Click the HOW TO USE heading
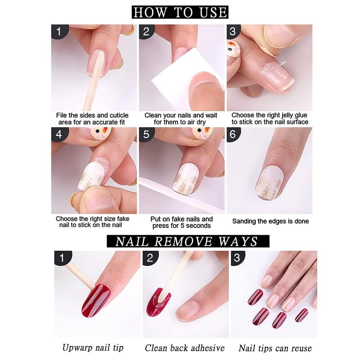pyautogui.click(x=180, y=12)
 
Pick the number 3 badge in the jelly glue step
pyautogui.click(x=233, y=31)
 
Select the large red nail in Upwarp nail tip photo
pyautogui.click(x=95, y=300)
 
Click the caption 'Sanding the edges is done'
pyautogui.click(x=270, y=221)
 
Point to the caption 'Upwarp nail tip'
pyautogui.click(x=93, y=347)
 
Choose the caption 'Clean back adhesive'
pyautogui.click(x=185, y=348)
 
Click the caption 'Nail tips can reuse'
pyautogui.click(x=275, y=348)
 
